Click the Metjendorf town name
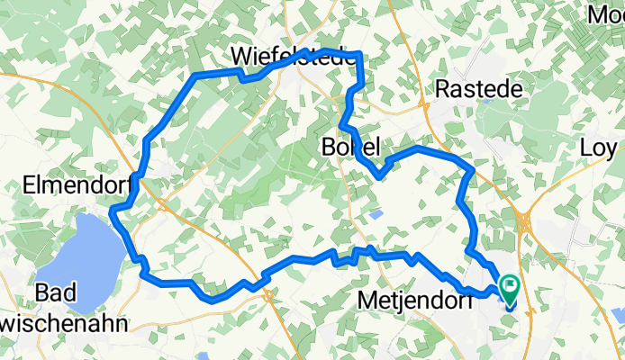click(x=416, y=299)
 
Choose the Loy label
click(x=598, y=147)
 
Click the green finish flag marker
click(x=510, y=287)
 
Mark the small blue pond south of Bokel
click(x=376, y=214)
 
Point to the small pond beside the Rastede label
click(x=487, y=101)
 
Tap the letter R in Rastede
click(x=442, y=88)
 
